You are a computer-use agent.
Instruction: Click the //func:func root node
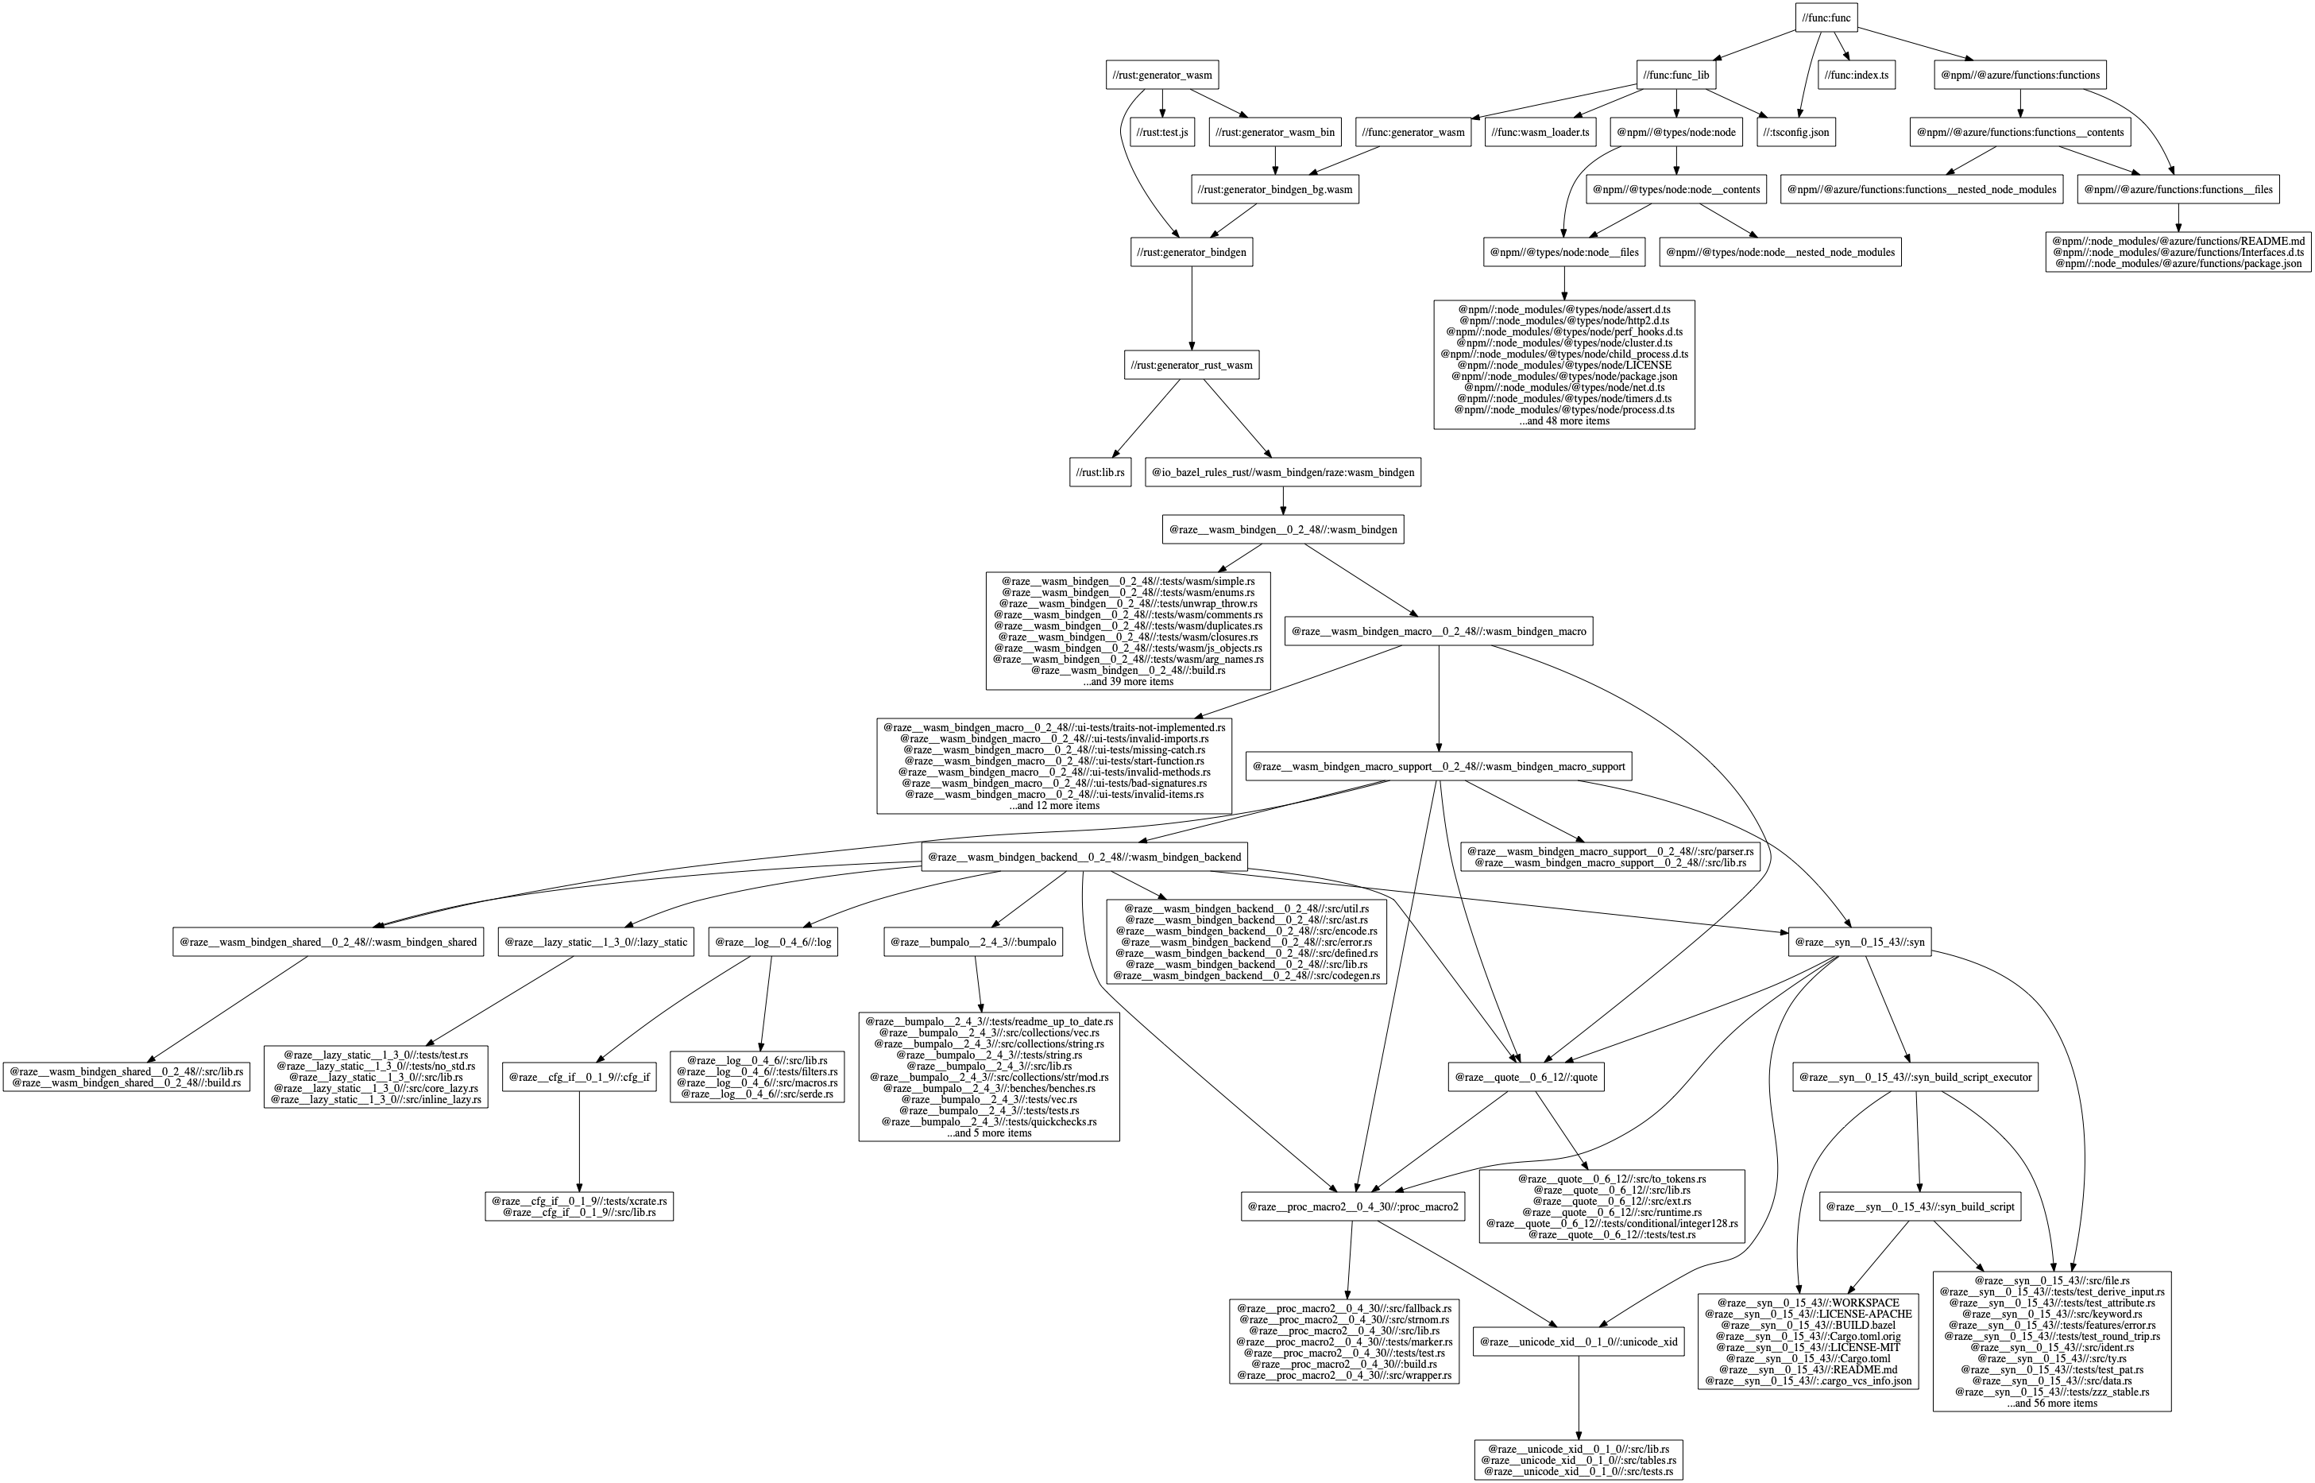click(x=1825, y=18)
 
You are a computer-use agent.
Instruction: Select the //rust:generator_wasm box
click(x=1161, y=76)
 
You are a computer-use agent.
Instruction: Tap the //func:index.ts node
click(x=1856, y=76)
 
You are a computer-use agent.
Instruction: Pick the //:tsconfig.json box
click(x=1796, y=132)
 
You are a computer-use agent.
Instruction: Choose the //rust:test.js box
click(x=1163, y=132)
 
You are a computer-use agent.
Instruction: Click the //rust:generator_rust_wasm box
click(x=1191, y=365)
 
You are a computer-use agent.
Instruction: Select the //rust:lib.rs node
click(x=1100, y=473)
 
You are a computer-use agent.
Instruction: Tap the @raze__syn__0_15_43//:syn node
click(x=1859, y=942)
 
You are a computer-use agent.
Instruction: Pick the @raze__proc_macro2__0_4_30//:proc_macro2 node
click(x=1352, y=1206)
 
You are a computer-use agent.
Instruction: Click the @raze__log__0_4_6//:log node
click(x=773, y=942)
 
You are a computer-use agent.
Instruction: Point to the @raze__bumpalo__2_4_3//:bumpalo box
click(x=973, y=942)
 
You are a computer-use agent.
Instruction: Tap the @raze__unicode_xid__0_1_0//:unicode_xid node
click(x=1578, y=1342)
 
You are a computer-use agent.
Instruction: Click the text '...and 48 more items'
click(x=1563, y=421)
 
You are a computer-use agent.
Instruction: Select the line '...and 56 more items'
click(x=2051, y=1403)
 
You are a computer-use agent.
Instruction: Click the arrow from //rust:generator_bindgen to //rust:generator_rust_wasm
click(x=1192, y=308)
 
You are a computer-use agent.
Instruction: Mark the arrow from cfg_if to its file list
click(x=579, y=1142)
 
